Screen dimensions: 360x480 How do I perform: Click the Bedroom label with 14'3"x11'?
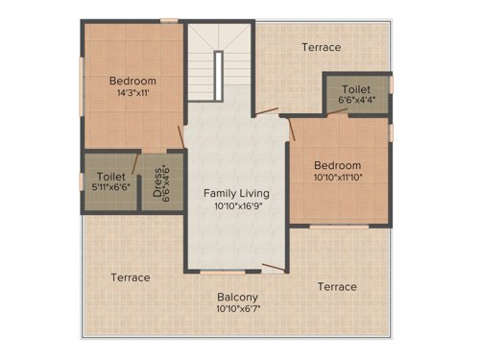[132, 81]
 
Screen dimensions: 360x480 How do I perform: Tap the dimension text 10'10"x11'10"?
[337, 178]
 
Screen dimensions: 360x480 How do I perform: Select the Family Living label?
[236, 193]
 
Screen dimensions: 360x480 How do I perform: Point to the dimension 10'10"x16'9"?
[236, 205]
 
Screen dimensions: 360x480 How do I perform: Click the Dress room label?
[158, 182]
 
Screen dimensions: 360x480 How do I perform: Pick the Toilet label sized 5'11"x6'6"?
[111, 177]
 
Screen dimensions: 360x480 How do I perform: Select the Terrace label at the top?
[321, 47]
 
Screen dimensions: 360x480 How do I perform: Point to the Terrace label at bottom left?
[130, 277]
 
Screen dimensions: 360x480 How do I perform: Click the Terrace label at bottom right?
[337, 287]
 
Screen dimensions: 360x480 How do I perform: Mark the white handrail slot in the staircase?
[219, 71]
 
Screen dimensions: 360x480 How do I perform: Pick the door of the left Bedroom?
[180, 136]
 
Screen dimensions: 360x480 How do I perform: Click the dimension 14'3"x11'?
[132, 94]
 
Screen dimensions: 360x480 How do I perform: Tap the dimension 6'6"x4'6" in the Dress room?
[169, 182]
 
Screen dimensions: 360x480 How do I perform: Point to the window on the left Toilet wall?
[82, 180]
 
